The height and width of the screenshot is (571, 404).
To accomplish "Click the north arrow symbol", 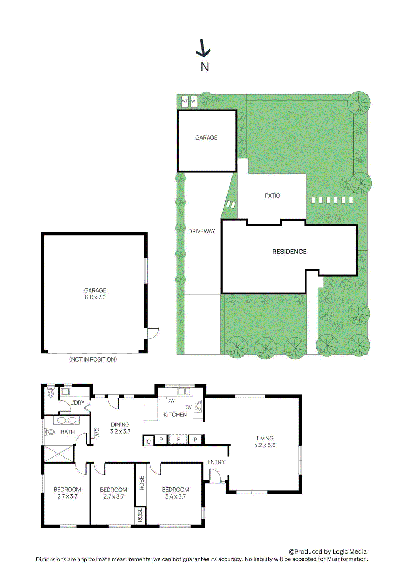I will [203, 49].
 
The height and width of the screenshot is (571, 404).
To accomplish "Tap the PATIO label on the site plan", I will [272, 196].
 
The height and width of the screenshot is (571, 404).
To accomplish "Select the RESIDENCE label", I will [289, 252].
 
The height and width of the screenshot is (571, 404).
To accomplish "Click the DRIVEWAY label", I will [201, 231].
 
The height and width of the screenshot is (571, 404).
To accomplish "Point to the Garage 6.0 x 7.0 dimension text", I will [95, 297].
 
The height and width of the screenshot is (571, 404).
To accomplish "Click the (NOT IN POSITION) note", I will [93, 359].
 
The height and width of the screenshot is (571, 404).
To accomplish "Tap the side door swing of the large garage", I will [153, 334].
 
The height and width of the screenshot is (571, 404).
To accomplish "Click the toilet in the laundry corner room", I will [50, 393].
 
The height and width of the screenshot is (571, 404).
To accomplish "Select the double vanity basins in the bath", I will [66, 420].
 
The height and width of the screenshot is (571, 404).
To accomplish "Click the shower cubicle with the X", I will [58, 453].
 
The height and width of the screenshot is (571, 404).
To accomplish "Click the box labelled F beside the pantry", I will [178, 439].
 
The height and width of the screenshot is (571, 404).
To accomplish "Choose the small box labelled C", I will [149, 441].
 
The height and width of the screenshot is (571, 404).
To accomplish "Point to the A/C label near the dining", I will [97, 433].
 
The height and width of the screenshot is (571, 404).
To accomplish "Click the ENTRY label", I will [216, 462].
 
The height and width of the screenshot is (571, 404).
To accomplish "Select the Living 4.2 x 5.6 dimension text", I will [265, 445].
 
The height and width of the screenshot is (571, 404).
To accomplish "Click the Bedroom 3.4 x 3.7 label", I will [175, 493].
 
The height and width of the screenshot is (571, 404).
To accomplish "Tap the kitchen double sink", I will [184, 392].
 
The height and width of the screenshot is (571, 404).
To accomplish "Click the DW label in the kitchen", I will [171, 401].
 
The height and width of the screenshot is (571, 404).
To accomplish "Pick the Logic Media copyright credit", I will [328, 551].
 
